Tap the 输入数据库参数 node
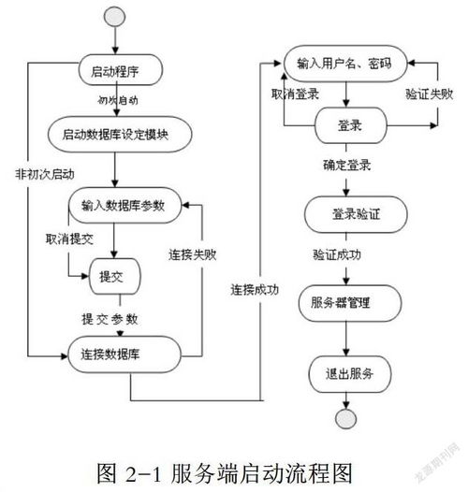(x=123, y=206)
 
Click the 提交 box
(x=113, y=276)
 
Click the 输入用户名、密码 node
(x=344, y=63)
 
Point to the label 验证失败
(x=431, y=94)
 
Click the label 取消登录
(x=298, y=94)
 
